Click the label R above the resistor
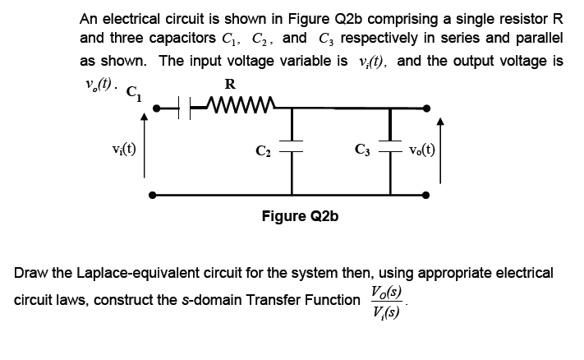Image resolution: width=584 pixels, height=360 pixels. click(230, 83)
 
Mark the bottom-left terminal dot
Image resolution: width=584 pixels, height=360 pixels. click(154, 196)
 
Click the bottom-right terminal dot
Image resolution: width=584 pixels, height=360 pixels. click(426, 196)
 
